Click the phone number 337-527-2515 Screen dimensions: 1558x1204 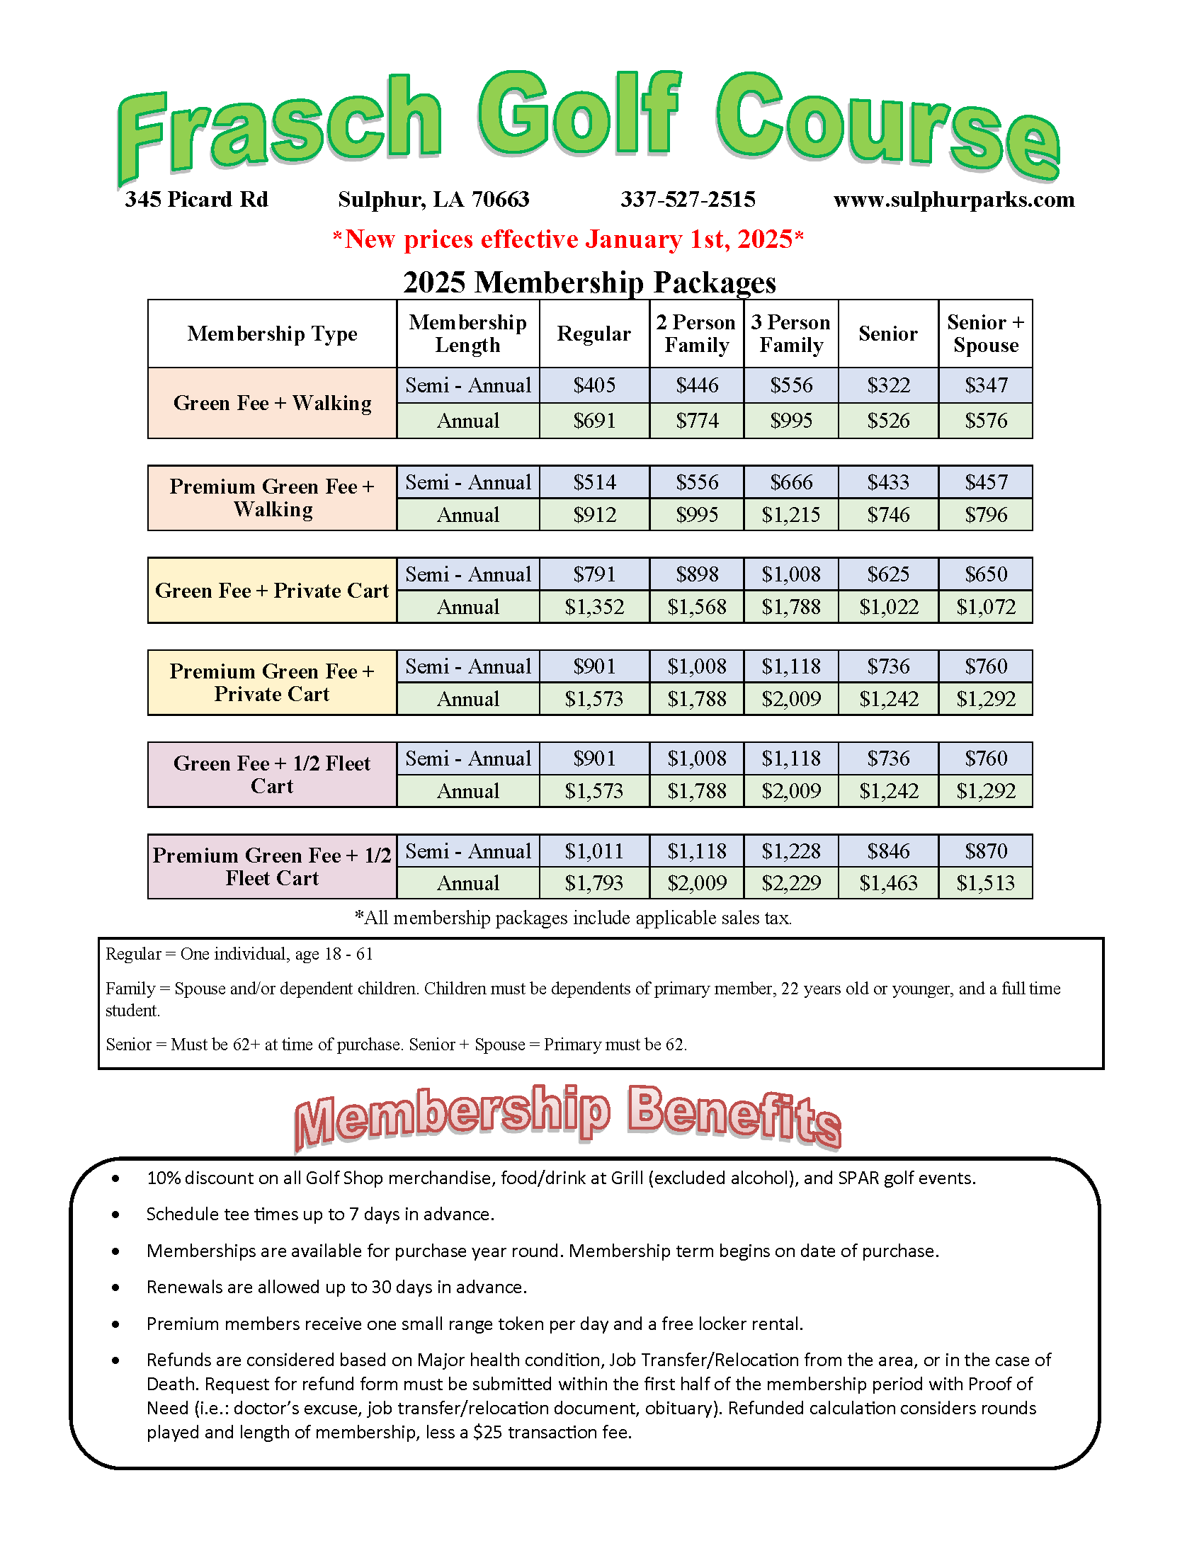[688, 200]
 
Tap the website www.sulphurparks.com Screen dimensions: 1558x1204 [954, 200]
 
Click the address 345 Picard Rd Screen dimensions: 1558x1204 [196, 200]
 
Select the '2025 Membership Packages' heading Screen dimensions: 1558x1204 [589, 283]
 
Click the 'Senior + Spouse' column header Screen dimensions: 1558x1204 [985, 334]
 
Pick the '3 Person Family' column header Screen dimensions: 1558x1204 [790, 334]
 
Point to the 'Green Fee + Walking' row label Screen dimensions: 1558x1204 [272, 403]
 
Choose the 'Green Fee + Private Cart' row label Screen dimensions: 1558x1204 [272, 591]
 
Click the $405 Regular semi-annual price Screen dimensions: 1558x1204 [594, 386]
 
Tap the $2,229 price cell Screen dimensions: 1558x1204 [790, 883]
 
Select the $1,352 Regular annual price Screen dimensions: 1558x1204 [594, 607]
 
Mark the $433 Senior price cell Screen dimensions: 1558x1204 [888, 482]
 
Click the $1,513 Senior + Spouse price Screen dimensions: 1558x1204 [985, 883]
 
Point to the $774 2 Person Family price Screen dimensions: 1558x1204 [696, 421]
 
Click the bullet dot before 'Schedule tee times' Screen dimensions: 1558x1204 [115, 1215]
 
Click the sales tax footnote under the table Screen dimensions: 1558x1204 [574, 918]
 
